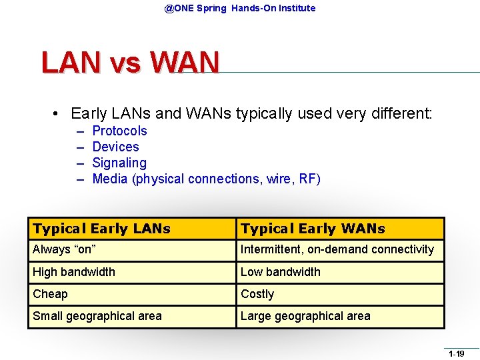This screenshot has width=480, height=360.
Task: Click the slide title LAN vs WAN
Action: click(130, 63)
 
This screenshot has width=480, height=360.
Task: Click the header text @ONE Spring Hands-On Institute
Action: click(240, 8)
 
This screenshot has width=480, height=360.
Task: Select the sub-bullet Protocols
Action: click(119, 131)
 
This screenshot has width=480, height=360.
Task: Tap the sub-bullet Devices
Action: click(115, 147)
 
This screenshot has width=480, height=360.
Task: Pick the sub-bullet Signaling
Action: click(119, 163)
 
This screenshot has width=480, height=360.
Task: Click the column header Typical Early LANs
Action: click(101, 229)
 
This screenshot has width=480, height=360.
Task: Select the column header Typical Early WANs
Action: click(313, 229)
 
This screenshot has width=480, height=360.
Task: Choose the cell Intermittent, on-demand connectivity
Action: click(337, 250)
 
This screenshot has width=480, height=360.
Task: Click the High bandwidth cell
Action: click(74, 272)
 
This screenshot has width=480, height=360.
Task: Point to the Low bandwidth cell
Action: click(280, 272)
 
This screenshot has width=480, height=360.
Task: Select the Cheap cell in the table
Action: click(50, 294)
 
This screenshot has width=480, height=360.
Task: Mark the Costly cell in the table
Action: click(257, 294)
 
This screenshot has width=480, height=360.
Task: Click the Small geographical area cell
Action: click(97, 316)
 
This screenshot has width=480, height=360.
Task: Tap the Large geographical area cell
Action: click(305, 316)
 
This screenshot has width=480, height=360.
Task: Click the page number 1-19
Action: click(456, 353)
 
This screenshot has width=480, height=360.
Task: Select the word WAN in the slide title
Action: click(185, 63)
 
